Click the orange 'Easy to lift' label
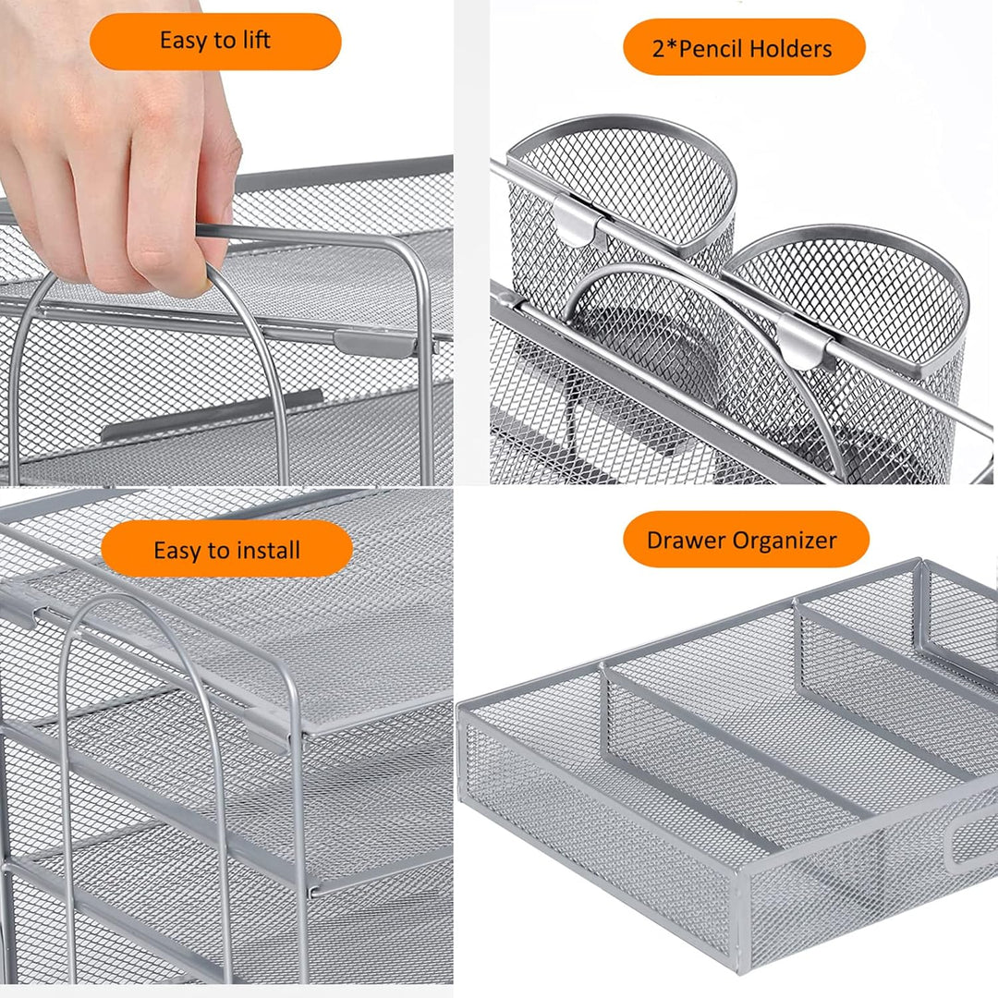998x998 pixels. coord(215,42)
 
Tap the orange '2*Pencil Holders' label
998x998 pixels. coord(743,48)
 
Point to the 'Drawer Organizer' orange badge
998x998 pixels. coord(745,541)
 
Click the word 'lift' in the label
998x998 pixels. coord(254,42)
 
